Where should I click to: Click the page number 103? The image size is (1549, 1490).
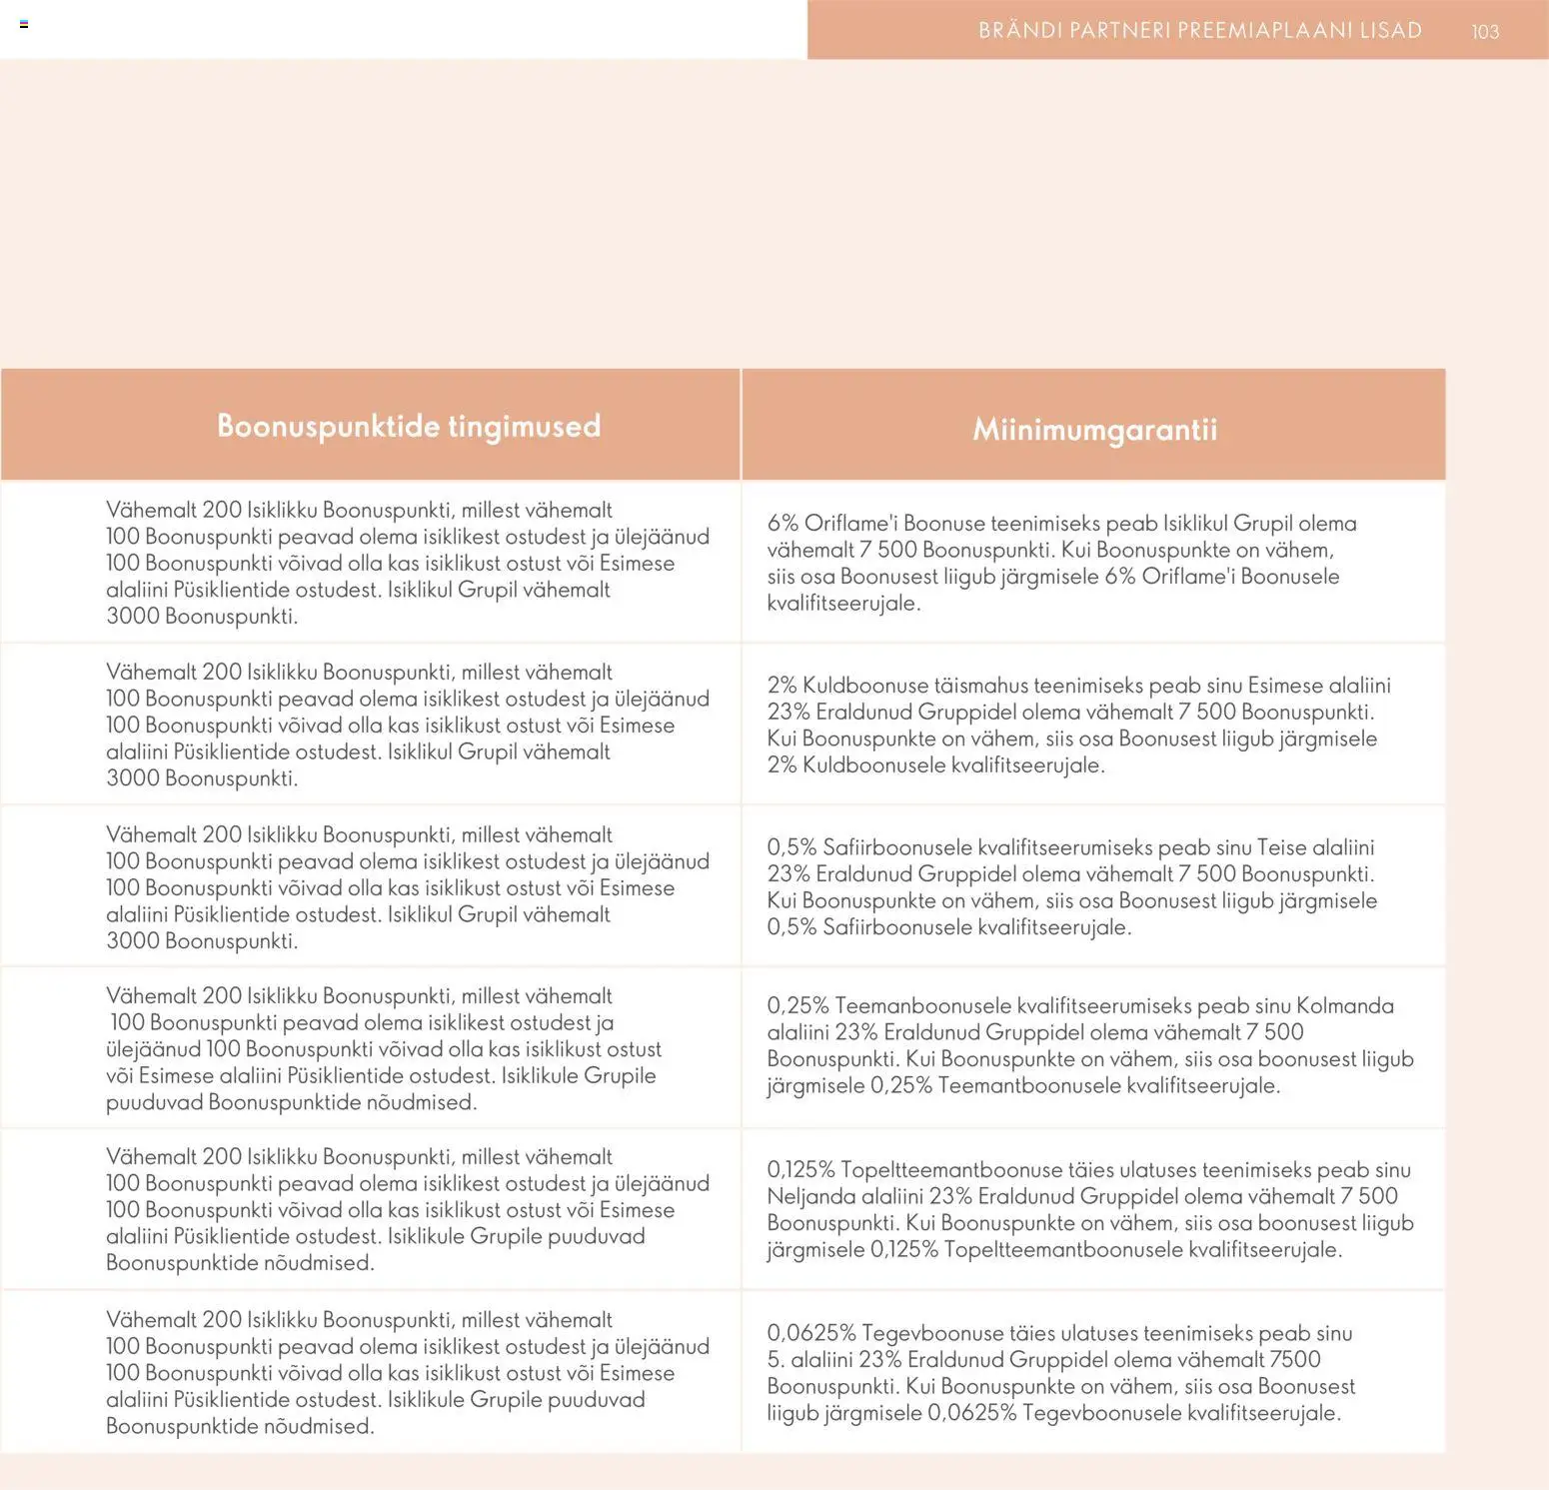pyautogui.click(x=1485, y=31)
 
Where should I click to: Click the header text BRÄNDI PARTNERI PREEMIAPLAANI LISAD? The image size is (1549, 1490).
pyautogui.click(x=1199, y=30)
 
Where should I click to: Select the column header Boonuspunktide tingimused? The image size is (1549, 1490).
pyautogui.click(x=409, y=426)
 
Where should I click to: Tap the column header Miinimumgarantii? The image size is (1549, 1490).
pyautogui.click(x=1094, y=430)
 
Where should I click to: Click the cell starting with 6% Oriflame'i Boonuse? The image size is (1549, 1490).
pyautogui.click(x=1061, y=563)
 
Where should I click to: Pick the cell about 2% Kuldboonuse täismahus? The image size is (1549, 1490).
pyautogui.click(x=1077, y=725)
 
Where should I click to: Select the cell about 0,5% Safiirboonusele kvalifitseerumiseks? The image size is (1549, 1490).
pyautogui.click(x=1071, y=886)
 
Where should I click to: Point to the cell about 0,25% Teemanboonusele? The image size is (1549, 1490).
pyautogui.click(x=1089, y=1045)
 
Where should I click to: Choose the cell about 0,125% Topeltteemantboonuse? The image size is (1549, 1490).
pyautogui.click(x=1089, y=1209)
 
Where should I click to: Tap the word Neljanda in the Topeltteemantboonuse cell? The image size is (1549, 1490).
pyautogui.click(x=807, y=1196)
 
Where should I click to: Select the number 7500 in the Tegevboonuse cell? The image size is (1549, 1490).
pyautogui.click(x=1294, y=1359)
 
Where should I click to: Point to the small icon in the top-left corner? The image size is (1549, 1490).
pyautogui.click(x=24, y=24)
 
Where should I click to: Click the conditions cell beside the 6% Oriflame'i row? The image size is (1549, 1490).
pyautogui.click(x=408, y=563)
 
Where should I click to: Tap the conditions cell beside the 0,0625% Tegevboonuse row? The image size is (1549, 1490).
pyautogui.click(x=408, y=1372)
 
